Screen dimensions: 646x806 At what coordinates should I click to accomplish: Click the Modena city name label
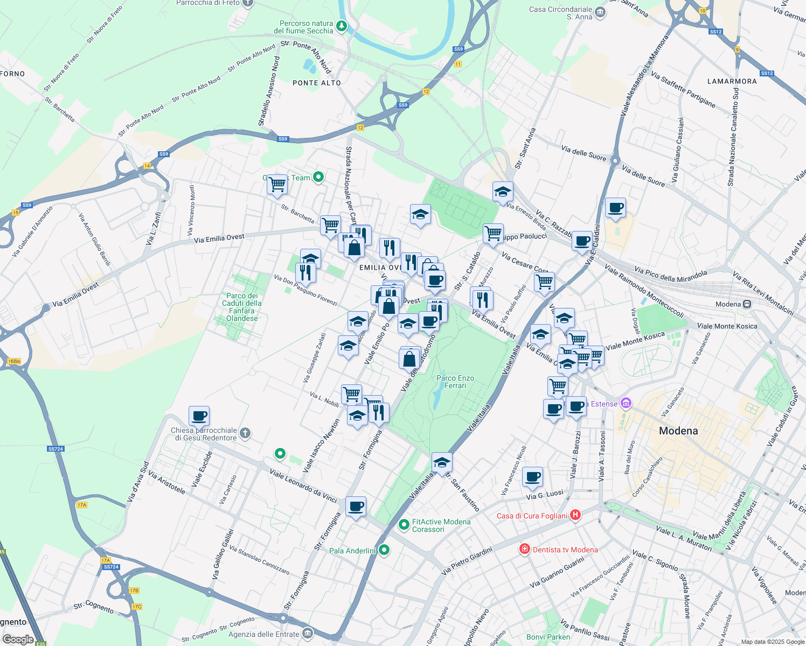[x=678, y=431]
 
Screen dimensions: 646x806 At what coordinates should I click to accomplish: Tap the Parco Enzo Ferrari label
[x=455, y=382]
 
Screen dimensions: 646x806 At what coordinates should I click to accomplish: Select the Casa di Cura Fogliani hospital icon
[x=575, y=515]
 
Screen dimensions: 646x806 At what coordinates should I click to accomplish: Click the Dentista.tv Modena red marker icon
[x=524, y=549]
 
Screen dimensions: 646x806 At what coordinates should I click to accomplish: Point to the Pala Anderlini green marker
[x=384, y=550]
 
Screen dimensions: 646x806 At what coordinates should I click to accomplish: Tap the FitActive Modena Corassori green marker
[x=404, y=524]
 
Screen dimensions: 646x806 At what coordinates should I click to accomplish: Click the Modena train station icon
[x=747, y=304]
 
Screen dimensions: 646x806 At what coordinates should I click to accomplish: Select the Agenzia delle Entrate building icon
[x=308, y=633]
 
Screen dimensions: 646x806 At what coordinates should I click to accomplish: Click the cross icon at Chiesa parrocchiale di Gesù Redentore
[x=245, y=433]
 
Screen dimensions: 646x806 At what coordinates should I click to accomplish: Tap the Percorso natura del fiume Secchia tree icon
[x=341, y=26]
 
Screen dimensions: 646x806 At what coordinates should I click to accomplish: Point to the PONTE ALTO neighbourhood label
[x=317, y=83]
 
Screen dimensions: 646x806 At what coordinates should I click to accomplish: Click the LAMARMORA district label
[x=732, y=81]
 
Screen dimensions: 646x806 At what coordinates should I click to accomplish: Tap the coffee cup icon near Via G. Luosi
[x=532, y=476]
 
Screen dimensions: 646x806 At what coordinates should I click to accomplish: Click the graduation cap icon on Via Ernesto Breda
[x=503, y=192]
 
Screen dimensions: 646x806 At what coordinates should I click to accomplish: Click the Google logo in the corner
[x=18, y=639]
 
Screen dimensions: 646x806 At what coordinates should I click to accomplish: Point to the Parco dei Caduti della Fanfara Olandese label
[x=242, y=307]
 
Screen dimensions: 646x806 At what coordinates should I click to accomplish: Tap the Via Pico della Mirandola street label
[x=671, y=276]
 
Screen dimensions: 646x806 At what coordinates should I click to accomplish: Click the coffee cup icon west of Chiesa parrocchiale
[x=199, y=416]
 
